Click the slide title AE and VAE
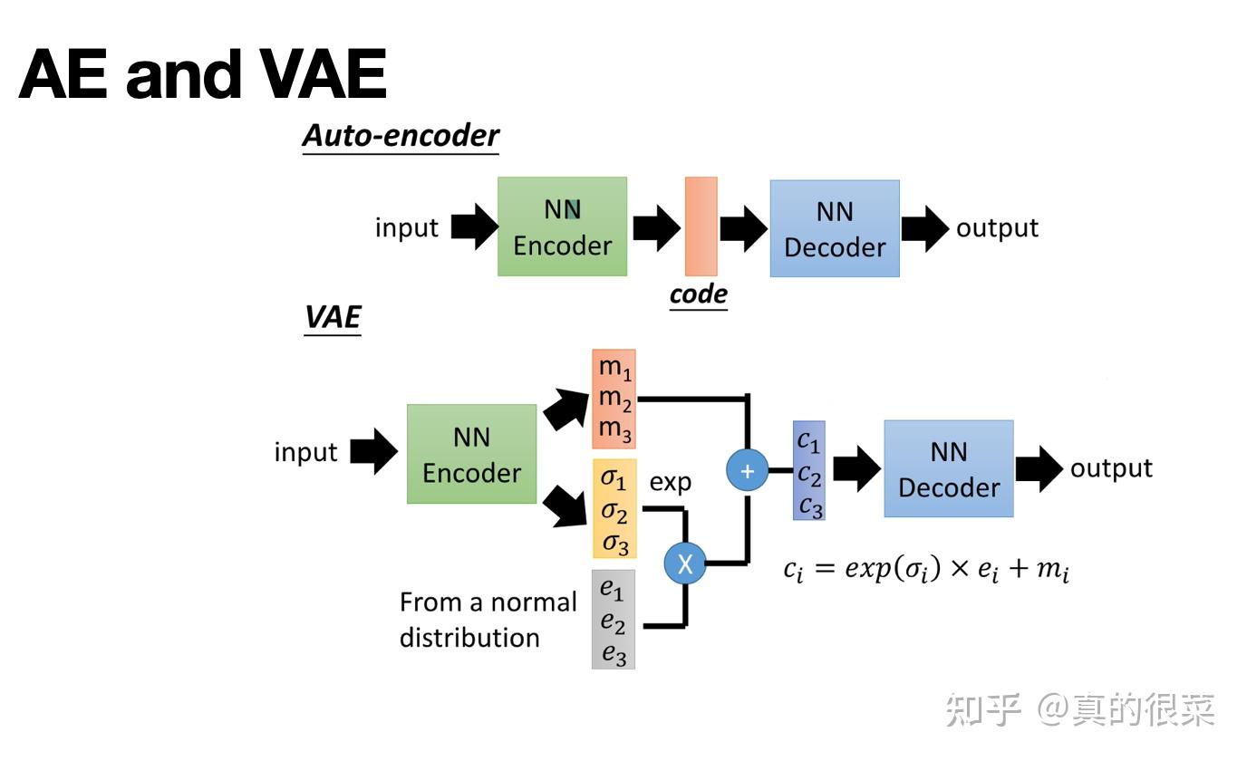(202, 74)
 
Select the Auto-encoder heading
(401, 136)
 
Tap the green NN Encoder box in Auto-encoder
(562, 226)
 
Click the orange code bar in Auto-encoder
(701, 226)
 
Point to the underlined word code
(698, 294)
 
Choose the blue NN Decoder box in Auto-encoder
(834, 228)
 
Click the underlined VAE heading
(333, 318)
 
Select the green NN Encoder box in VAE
(471, 454)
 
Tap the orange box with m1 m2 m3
(614, 399)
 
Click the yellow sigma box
(614, 509)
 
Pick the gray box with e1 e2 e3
(614, 620)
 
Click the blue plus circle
(747, 470)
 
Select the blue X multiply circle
(685, 564)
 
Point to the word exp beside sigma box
(670, 482)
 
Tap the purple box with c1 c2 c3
(808, 470)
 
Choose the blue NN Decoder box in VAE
(948, 468)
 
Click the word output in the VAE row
(1111, 468)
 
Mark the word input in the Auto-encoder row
(406, 227)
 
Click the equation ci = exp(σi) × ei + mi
(926, 570)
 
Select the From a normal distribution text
(488, 620)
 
